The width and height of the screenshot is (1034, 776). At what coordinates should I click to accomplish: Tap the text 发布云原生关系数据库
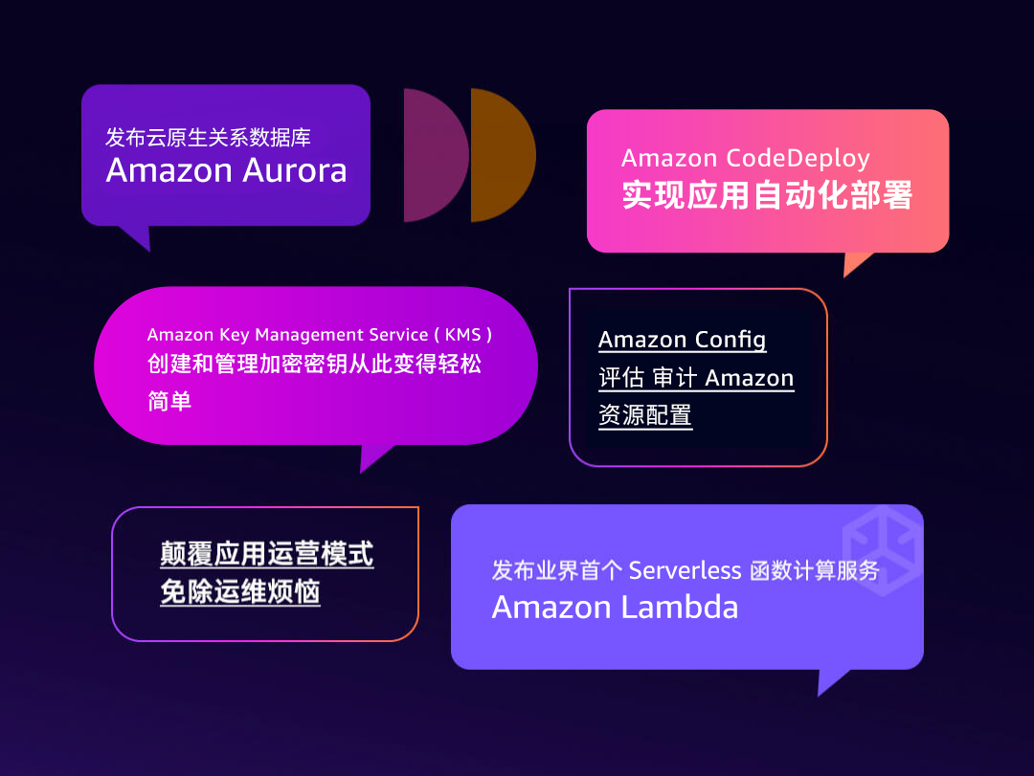click(208, 137)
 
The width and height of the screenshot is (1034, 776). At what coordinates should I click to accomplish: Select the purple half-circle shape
click(433, 155)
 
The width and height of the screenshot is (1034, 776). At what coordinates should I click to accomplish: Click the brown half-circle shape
click(500, 155)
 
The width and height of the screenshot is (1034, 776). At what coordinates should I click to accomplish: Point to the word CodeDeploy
click(798, 158)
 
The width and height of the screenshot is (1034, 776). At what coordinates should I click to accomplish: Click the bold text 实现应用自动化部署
click(767, 195)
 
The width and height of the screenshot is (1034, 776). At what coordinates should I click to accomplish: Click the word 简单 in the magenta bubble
click(169, 401)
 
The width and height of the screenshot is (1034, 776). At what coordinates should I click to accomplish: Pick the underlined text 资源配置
click(644, 415)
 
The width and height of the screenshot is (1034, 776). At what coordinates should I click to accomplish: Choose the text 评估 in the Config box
click(620, 378)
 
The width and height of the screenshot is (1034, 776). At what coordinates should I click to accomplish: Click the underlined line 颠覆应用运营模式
click(266, 554)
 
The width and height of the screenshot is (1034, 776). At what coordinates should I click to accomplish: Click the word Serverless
click(685, 571)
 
